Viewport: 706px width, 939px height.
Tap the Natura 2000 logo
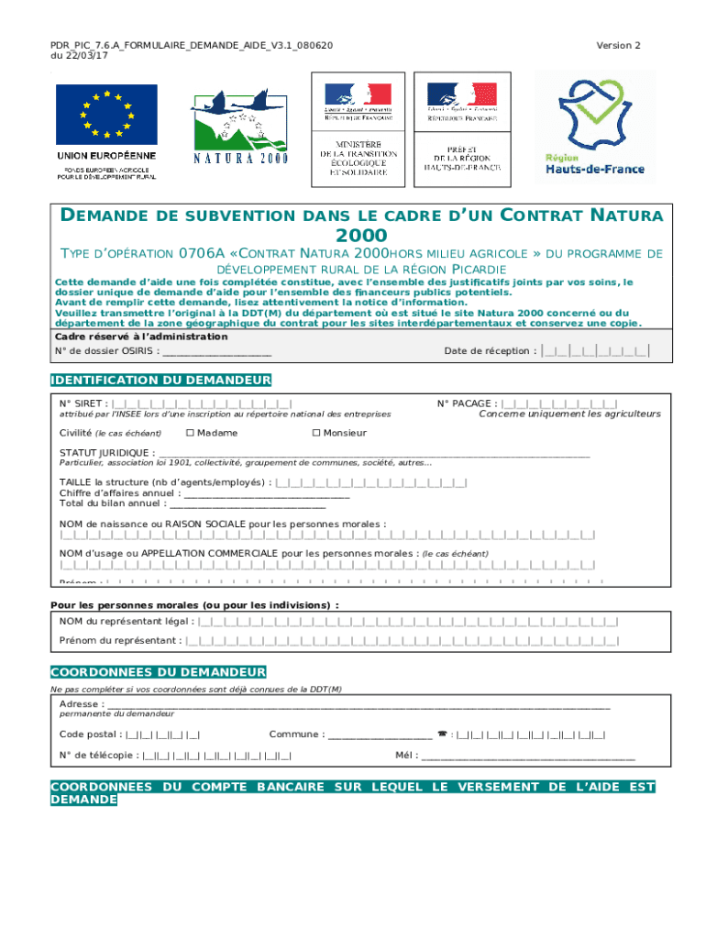(240, 127)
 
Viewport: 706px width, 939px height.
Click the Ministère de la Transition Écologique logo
(359, 127)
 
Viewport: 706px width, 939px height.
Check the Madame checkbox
(190, 433)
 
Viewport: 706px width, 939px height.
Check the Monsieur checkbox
(316, 433)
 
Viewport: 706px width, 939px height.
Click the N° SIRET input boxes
(202, 403)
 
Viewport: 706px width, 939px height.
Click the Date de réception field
(596, 350)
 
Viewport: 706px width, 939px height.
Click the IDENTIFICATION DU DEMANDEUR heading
(160, 380)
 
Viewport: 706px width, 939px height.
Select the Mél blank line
(528, 757)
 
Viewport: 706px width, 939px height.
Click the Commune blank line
(380, 735)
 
